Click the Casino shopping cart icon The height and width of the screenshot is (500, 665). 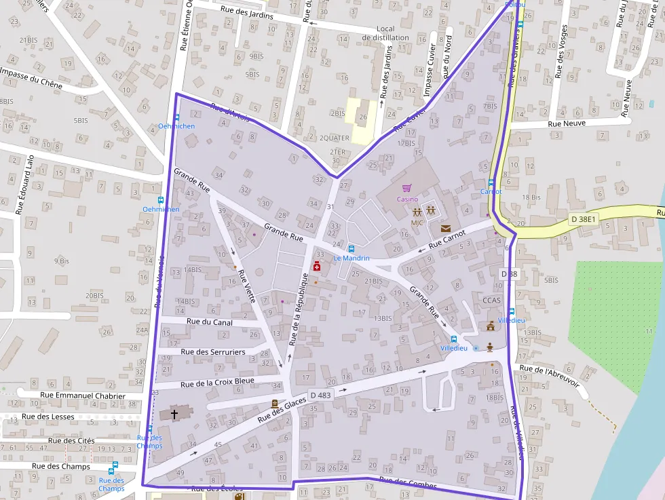tap(407, 188)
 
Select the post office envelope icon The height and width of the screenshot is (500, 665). tap(445, 229)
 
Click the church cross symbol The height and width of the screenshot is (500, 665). tap(174, 414)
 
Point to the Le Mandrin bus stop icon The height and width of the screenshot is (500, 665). tap(351, 248)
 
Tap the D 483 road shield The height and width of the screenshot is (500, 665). tap(320, 395)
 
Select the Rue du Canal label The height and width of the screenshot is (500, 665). tap(209, 322)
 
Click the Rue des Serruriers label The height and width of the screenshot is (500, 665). tap(213, 351)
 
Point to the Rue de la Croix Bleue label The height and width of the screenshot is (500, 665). tap(218, 381)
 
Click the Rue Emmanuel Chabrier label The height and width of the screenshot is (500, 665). tap(83, 396)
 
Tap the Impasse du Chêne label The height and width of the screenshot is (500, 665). tap(31, 78)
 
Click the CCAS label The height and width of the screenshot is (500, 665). tap(491, 300)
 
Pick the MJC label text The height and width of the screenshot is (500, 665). tap(417, 223)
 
